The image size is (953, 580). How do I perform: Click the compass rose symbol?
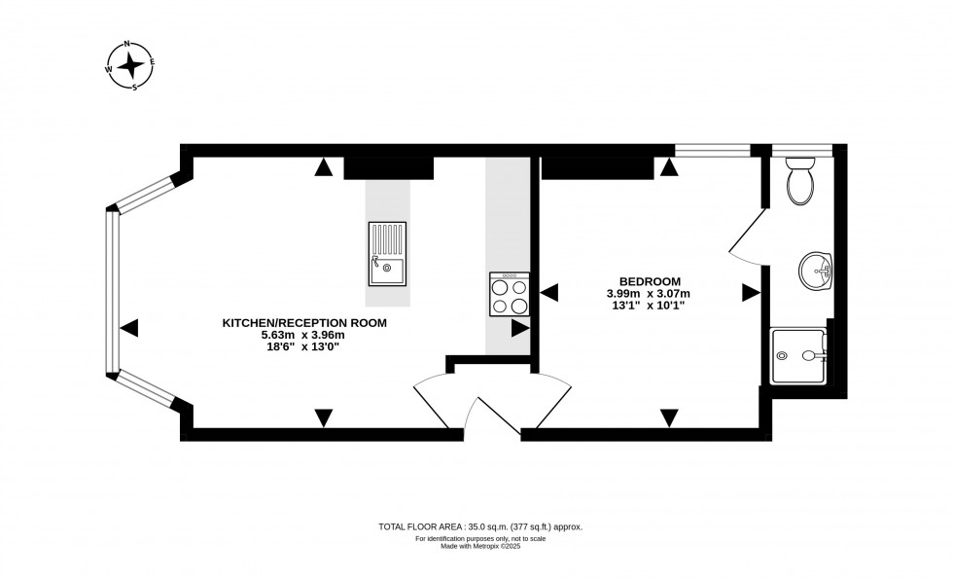[x=129, y=65]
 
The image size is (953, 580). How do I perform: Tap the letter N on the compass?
[x=125, y=45]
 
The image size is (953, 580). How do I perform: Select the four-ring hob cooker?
[x=510, y=294]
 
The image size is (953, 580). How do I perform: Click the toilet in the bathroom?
[x=802, y=179]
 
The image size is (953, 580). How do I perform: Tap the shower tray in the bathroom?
[x=798, y=356]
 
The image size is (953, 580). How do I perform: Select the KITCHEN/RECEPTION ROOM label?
[x=305, y=323]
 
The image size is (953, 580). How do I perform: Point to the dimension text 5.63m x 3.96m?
[x=305, y=335]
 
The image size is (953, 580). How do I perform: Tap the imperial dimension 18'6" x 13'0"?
[x=305, y=346]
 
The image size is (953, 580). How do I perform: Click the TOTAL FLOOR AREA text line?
[x=479, y=526]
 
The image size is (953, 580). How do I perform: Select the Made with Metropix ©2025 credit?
[x=479, y=546]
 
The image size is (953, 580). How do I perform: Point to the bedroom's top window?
[x=713, y=150]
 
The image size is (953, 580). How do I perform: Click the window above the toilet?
[x=803, y=150]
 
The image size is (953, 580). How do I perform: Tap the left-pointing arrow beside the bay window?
[x=128, y=328]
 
